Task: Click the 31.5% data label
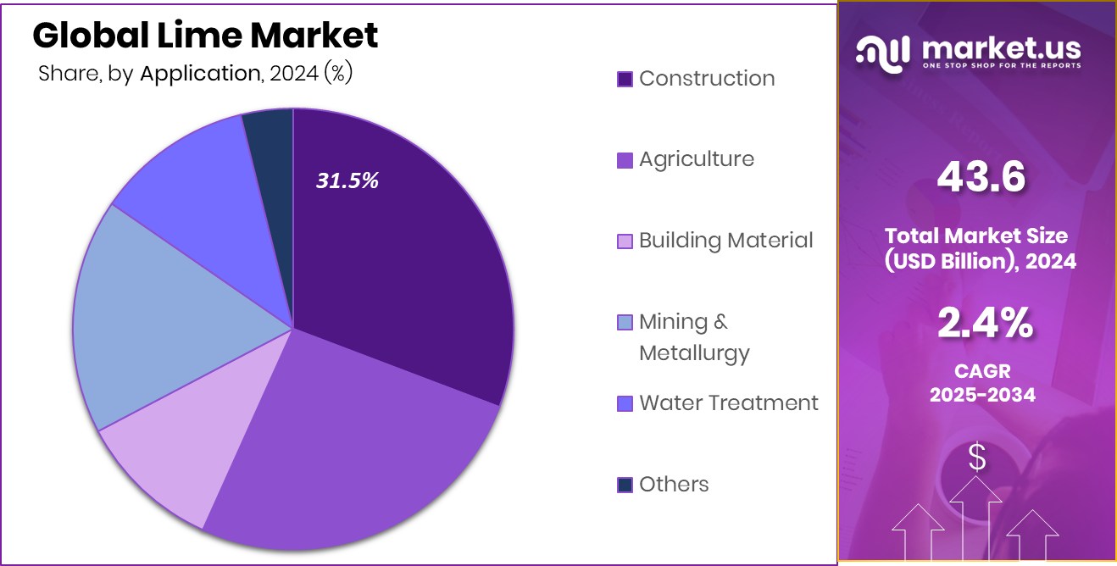347,180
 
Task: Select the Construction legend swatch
625,79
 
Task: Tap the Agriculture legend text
696,159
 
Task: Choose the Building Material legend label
725,241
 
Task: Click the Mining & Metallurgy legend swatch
625,322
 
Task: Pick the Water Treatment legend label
728,402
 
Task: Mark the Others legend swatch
625,485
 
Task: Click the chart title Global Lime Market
205,36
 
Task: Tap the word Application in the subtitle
199,74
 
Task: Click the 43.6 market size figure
981,178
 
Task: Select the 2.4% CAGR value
984,323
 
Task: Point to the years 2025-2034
982,394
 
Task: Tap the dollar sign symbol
977,458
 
